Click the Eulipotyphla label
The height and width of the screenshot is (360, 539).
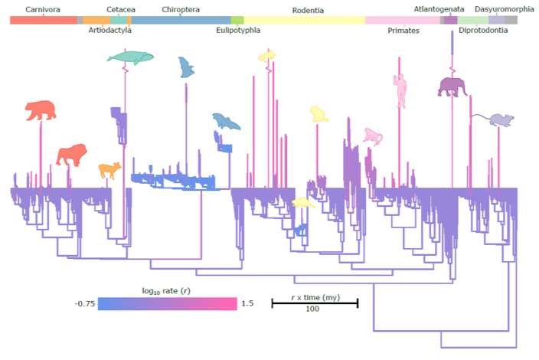pos(238,31)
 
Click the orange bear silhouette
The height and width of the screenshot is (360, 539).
pos(40,111)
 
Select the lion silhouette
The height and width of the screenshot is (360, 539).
pos(73,155)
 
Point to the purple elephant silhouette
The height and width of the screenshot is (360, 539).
pos(452,87)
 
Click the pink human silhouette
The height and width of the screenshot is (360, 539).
pos(400,90)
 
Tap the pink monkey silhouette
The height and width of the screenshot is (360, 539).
pos(373,136)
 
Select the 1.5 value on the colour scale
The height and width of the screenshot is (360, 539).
pos(247,303)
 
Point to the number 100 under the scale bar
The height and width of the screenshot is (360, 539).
pos(312,309)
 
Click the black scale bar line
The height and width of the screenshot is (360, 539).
pos(315,303)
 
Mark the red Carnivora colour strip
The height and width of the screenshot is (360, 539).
pos(43,20)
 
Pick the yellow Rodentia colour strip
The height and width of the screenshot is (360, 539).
pos(305,20)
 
